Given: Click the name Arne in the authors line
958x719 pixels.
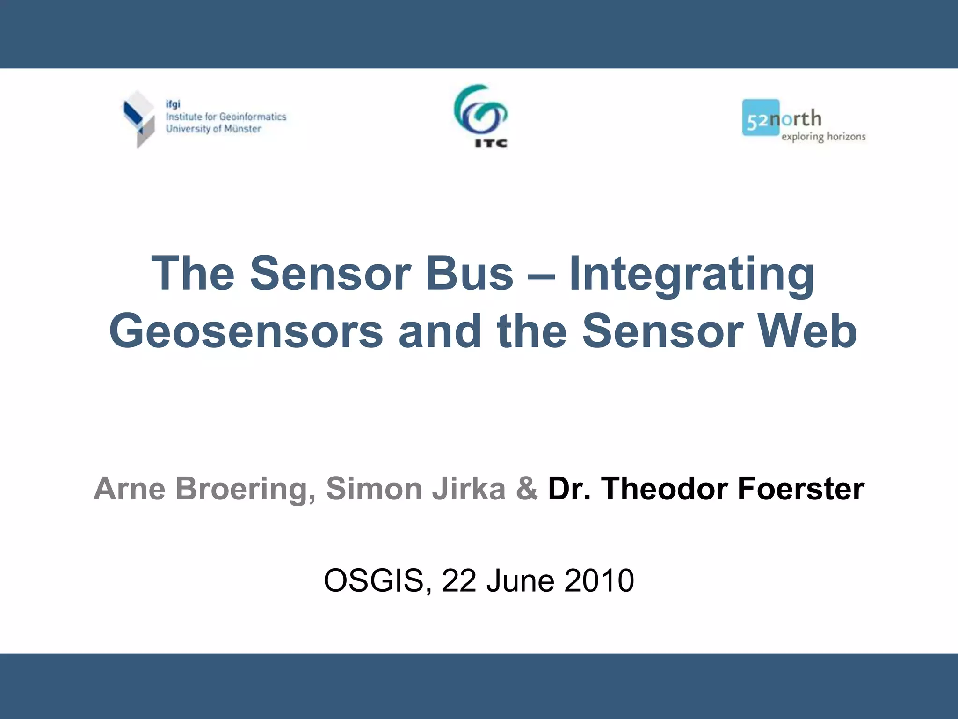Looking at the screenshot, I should click(x=130, y=489).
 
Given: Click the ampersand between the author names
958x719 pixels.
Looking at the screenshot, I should click(x=527, y=489).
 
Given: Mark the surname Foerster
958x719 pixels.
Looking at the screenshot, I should click(x=801, y=489).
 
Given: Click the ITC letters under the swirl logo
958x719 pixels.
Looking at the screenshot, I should click(x=491, y=143).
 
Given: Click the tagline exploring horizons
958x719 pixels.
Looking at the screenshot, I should click(x=823, y=137).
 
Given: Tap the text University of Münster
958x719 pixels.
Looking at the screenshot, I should click(x=213, y=129).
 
